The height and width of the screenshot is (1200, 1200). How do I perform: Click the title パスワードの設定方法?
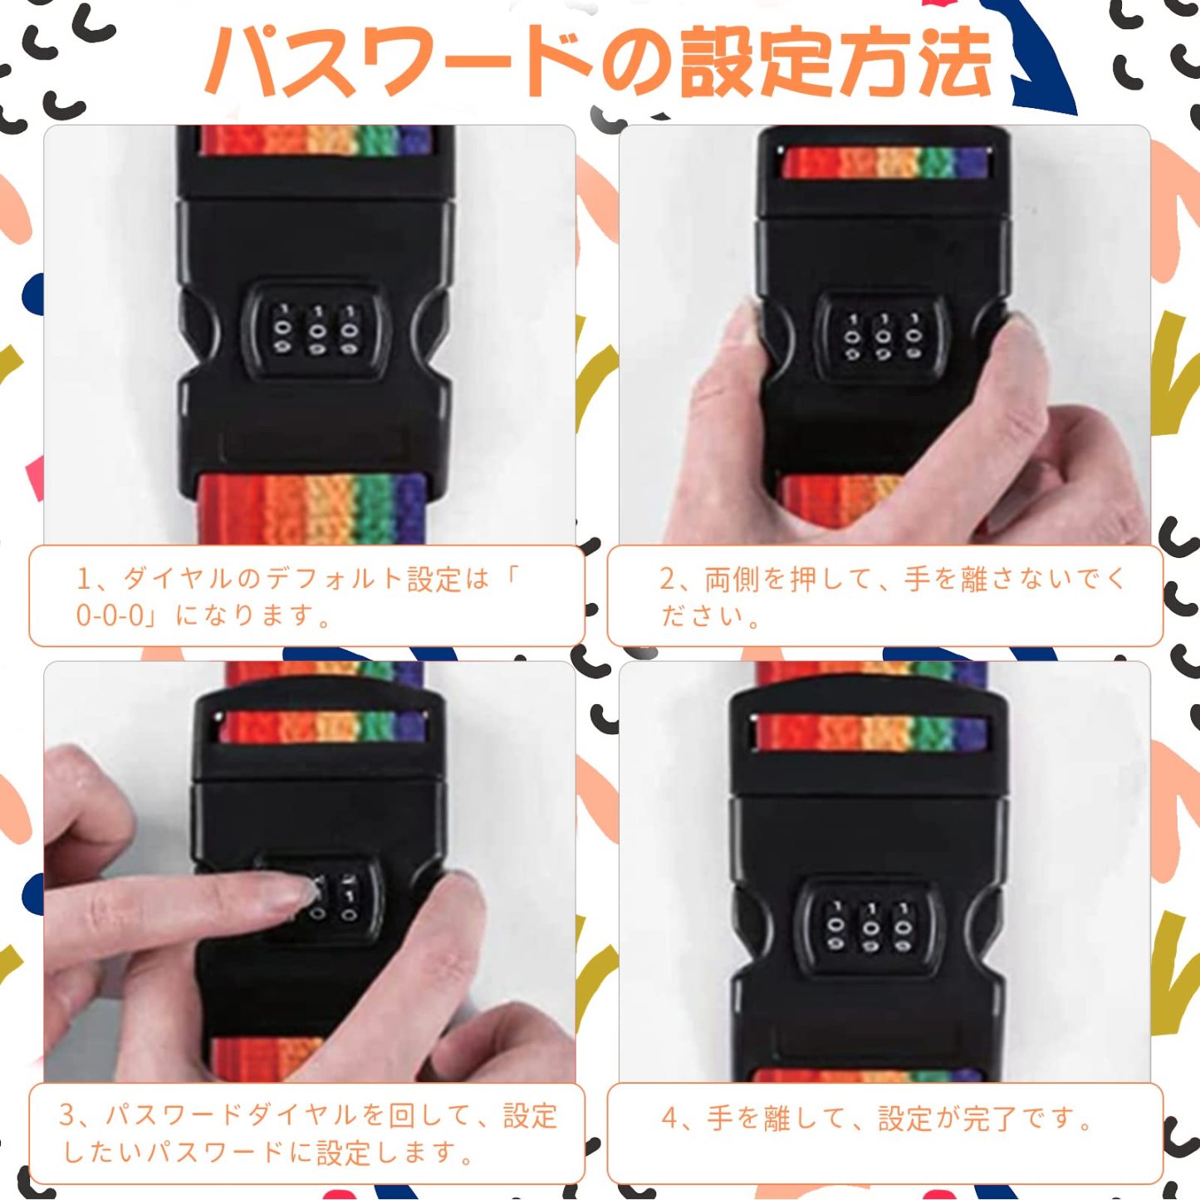pyautogui.click(x=598, y=62)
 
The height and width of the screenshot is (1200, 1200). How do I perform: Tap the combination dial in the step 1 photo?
pyautogui.click(x=316, y=331)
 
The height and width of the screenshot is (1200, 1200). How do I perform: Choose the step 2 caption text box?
pyautogui.click(x=885, y=596)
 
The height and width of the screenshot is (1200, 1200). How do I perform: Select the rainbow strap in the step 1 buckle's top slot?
pyautogui.click(x=316, y=140)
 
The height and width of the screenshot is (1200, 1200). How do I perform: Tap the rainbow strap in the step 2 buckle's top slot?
pyautogui.click(x=885, y=163)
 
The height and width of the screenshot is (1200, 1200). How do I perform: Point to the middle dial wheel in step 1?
pyautogui.click(x=316, y=331)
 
